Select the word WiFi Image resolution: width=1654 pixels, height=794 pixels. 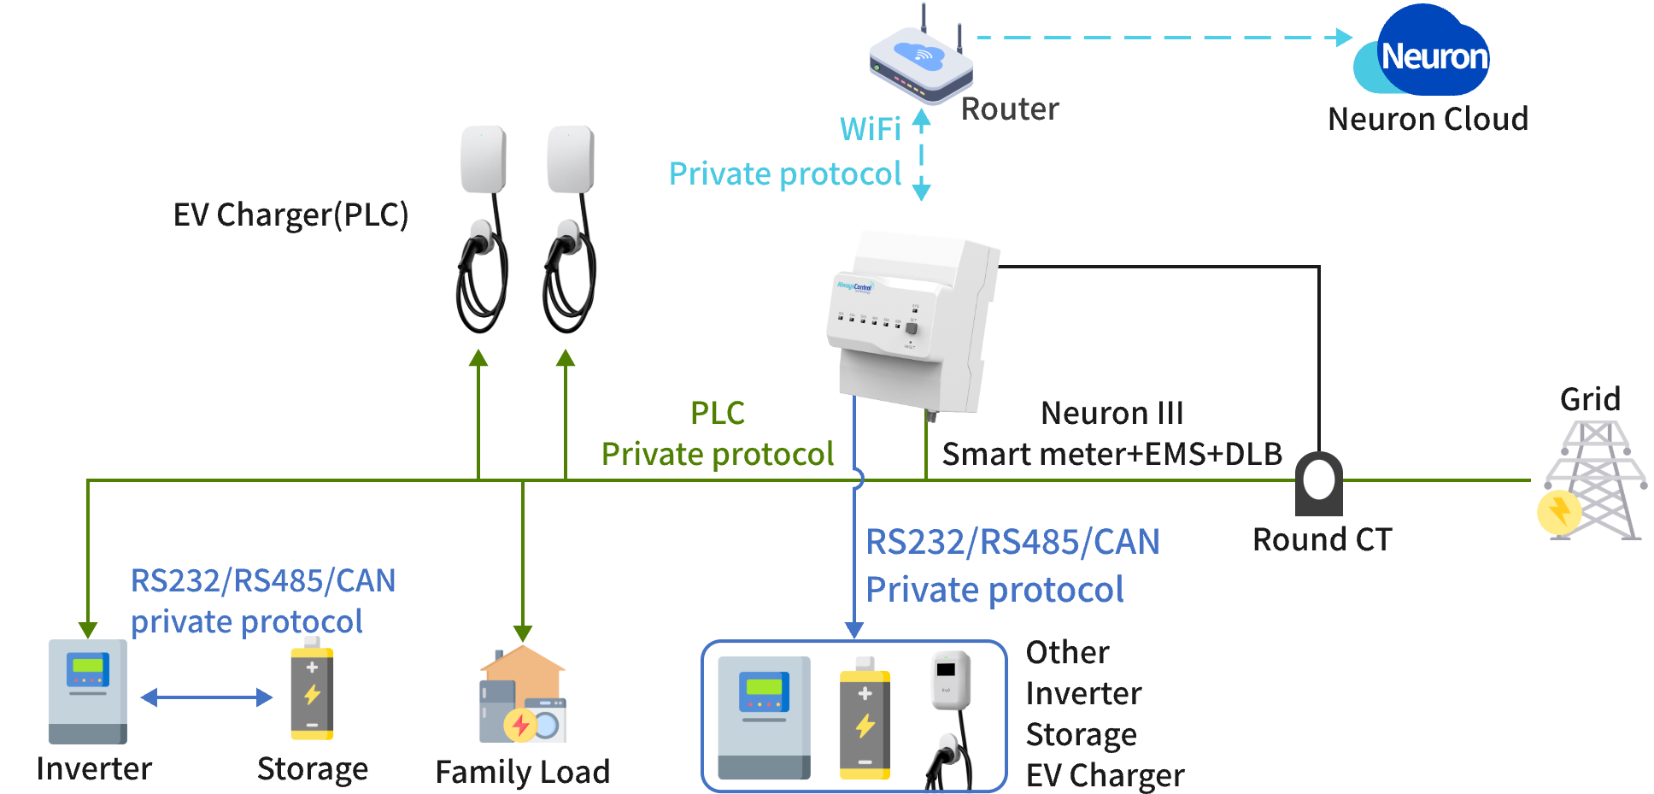click(x=870, y=129)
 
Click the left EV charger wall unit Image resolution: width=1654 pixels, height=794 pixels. click(x=484, y=161)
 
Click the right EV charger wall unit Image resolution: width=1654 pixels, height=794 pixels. click(x=570, y=161)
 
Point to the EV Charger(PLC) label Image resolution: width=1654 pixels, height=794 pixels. click(x=290, y=215)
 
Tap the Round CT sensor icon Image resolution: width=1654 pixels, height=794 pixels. click(x=1319, y=484)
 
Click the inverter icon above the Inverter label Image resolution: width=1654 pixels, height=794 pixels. click(x=87, y=691)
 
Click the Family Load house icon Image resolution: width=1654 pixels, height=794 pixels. click(x=523, y=694)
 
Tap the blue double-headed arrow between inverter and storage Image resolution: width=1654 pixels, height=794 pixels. click(x=207, y=697)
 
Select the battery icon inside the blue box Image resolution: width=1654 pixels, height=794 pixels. click(x=865, y=719)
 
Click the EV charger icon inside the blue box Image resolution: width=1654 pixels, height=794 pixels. click(x=950, y=718)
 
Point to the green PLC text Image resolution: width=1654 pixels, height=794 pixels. click(x=717, y=413)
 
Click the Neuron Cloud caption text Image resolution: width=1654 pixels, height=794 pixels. click(x=1428, y=119)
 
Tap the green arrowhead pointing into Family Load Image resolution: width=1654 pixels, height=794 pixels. click(x=523, y=633)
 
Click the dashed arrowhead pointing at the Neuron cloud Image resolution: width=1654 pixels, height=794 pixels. click(x=1345, y=38)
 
